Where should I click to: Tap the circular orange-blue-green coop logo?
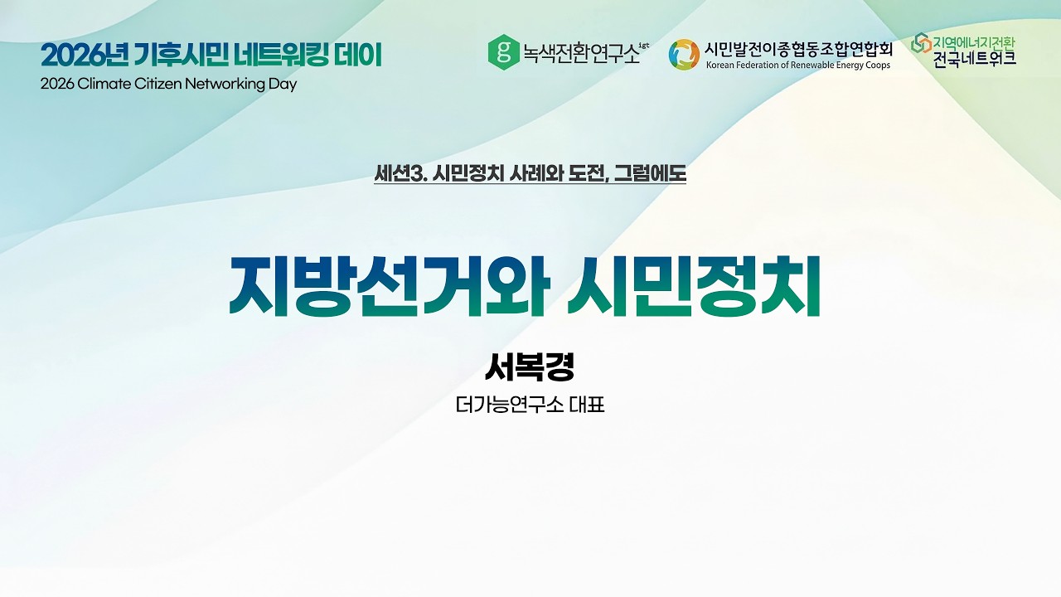684,54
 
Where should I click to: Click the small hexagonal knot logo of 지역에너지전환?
920,43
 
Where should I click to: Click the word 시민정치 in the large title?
694,287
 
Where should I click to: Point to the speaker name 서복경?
530,366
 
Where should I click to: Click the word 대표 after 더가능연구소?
587,406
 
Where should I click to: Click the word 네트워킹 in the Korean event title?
279,56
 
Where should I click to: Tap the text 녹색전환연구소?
581,54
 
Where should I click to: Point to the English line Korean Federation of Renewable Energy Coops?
798,66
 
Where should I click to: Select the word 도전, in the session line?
589,174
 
